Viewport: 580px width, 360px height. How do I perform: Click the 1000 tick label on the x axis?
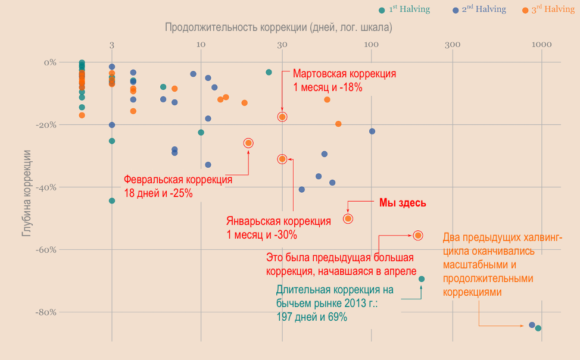pos(541,45)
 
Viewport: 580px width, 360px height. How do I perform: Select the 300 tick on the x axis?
pos(452,45)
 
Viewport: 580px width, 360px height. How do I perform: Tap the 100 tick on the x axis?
pos(370,45)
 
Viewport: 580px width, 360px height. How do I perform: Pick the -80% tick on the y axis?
pos(45,312)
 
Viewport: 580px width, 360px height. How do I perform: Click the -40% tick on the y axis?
pos(45,187)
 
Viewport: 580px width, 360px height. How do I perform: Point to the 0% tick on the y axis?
pos(49,62)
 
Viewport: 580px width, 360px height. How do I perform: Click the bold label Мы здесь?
pos(403,203)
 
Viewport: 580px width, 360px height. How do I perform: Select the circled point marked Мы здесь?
pos(348,218)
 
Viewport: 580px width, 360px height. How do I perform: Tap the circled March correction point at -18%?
pos(282,117)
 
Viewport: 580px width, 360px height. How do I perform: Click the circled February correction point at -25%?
pos(248,143)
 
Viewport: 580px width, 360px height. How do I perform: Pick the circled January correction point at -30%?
pos(282,159)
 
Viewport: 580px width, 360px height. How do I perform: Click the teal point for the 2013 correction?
pos(422,279)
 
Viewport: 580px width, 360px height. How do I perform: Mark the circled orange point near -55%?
pos(418,236)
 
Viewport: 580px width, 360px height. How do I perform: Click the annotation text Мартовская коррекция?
pos(344,74)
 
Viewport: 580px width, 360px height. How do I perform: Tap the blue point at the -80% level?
pos(532,325)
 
